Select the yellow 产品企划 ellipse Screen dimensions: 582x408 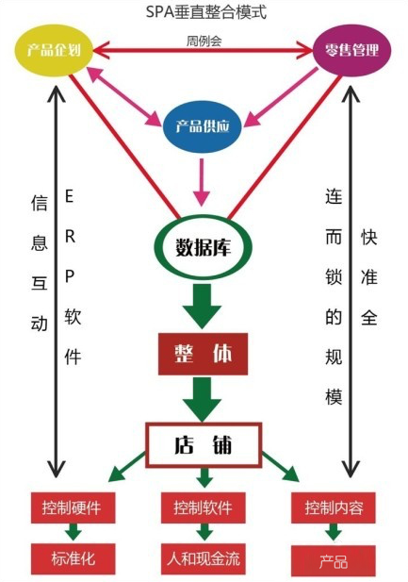(54, 51)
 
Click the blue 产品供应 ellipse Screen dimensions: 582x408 (201, 126)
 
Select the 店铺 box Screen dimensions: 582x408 (201, 443)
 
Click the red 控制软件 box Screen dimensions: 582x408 (202, 508)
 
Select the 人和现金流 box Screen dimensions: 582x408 (202, 557)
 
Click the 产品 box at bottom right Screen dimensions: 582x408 (333, 560)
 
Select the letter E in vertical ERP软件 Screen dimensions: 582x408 (72, 197)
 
